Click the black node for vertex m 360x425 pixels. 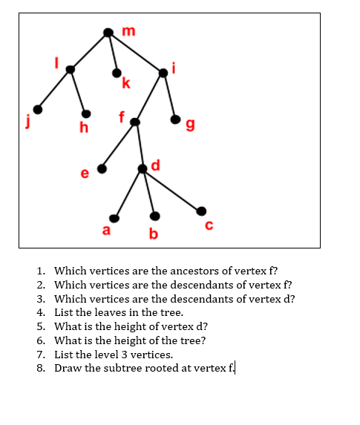[x=108, y=33]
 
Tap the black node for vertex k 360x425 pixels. [x=117, y=73]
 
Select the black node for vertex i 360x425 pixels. [x=163, y=71]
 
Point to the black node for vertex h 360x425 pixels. [x=87, y=113]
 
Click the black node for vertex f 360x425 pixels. [x=134, y=122]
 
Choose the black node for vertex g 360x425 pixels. [x=175, y=119]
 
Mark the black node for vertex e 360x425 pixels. [x=102, y=168]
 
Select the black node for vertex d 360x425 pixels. [x=143, y=169]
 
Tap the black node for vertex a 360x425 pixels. [x=114, y=218]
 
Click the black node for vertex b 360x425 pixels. [x=154, y=217]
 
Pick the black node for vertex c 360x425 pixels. [x=198, y=210]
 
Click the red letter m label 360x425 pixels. [x=128, y=30]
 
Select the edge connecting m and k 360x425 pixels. [x=112, y=53]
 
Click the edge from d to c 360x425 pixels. [x=171, y=190]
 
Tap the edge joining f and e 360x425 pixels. [x=119, y=145]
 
